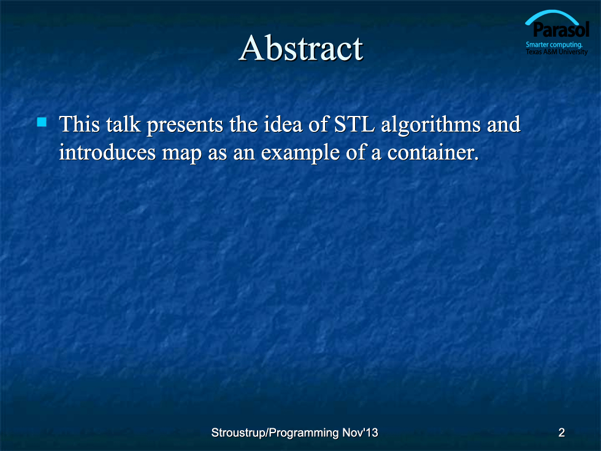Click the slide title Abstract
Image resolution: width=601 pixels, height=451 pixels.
pos(301,48)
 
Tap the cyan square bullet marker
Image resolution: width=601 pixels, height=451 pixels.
pos(42,122)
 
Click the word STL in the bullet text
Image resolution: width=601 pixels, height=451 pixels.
pos(354,124)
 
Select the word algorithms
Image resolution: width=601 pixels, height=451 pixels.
pos(431,125)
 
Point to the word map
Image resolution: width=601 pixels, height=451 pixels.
pos(182,154)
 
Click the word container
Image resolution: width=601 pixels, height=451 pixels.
pos(433,153)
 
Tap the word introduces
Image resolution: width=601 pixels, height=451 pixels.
pos(107,152)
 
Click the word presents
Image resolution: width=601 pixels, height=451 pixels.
pos(185,126)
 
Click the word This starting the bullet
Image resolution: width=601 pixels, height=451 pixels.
pos(79,124)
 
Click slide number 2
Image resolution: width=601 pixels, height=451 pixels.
pos(562,433)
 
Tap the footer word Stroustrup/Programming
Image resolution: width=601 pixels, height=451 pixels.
pos(275,433)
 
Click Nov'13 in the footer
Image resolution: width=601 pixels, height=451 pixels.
pos(360,433)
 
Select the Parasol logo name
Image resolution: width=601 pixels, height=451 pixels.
pos(561,29)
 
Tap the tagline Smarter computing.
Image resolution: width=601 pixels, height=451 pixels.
pos(554,45)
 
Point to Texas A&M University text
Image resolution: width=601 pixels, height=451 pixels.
pos(557,52)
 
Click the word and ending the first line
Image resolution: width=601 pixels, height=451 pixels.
pos(503,124)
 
